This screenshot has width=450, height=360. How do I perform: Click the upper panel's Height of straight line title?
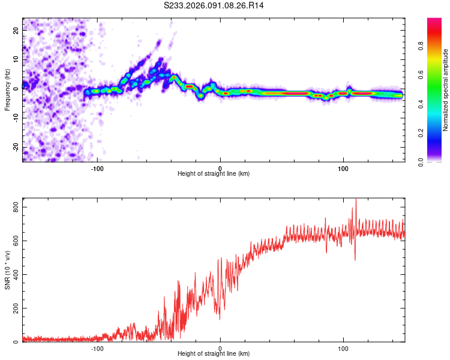point(214,174)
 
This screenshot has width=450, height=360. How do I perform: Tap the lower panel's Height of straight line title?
point(214,354)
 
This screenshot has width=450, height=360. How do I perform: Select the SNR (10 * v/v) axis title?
point(7,270)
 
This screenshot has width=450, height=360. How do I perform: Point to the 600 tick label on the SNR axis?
point(15,241)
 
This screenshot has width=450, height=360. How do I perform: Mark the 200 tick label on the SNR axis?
point(15,308)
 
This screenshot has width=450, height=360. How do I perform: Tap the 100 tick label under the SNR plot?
point(343,348)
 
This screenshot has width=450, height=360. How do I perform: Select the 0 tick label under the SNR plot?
point(220,348)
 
